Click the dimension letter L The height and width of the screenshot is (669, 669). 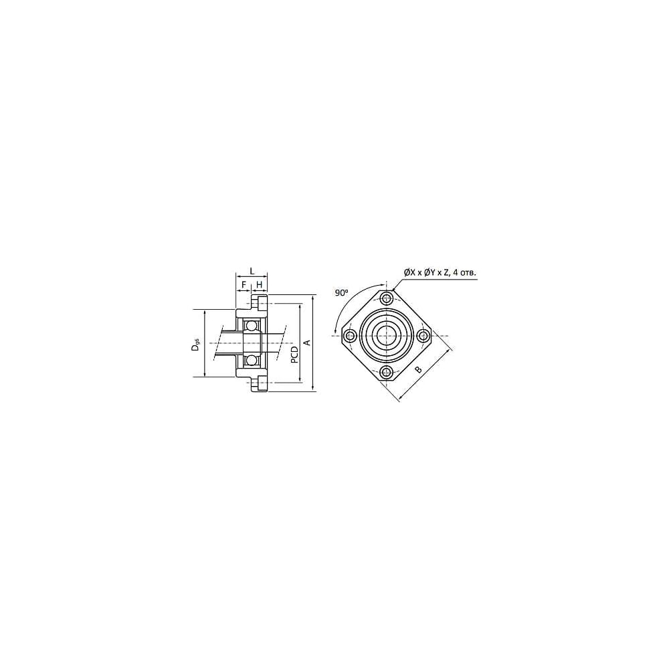[x=252, y=270]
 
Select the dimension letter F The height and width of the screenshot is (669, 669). [x=244, y=284]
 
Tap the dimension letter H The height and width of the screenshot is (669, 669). [x=259, y=284]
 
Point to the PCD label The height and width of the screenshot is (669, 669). [x=294, y=355]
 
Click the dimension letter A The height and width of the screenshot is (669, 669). [x=306, y=343]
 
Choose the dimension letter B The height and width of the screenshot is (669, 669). [x=419, y=369]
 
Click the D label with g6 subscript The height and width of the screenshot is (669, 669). [x=195, y=345]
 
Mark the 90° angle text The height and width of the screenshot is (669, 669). [x=341, y=293]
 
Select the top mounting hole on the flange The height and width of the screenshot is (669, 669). [x=387, y=298]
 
